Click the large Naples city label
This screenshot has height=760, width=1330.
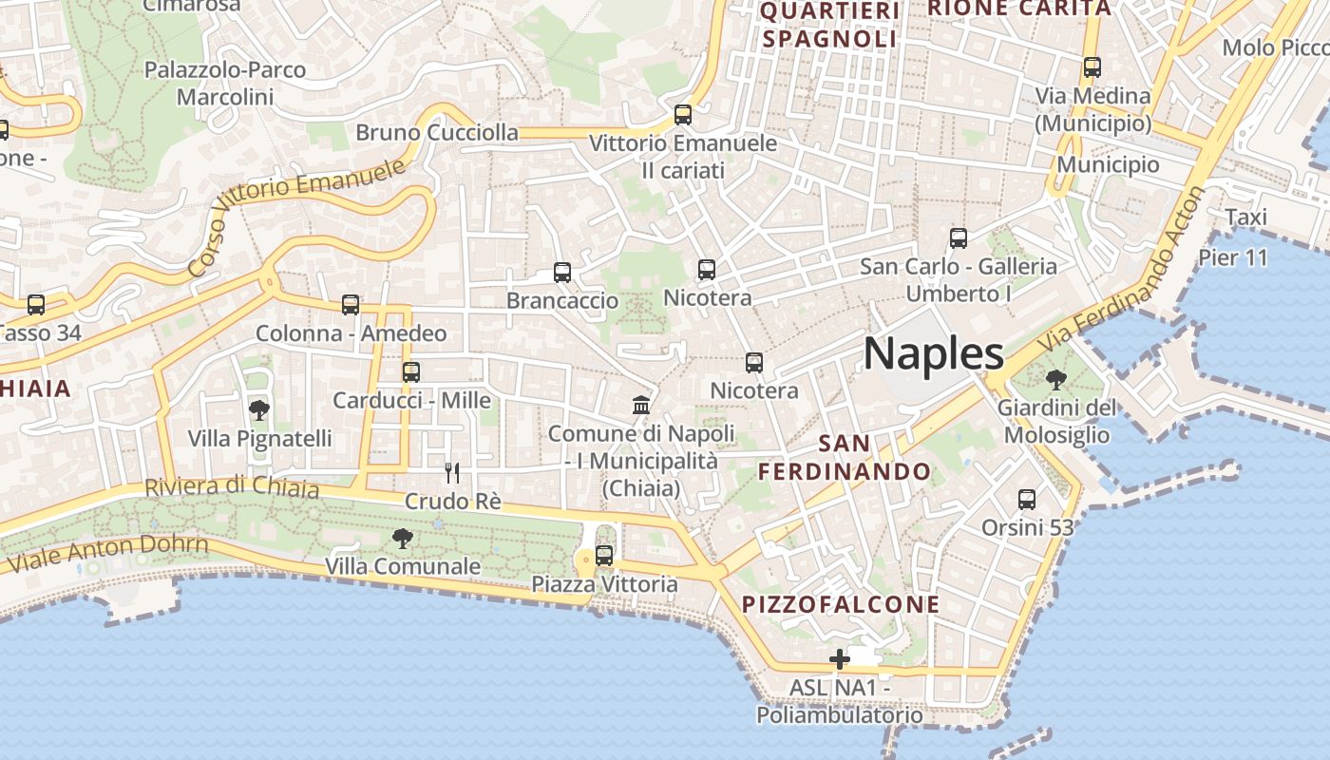click(x=933, y=353)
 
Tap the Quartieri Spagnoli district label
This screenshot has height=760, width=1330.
click(x=830, y=25)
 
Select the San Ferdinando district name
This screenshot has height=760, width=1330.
click(x=845, y=457)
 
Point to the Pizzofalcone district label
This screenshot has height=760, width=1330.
click(x=841, y=604)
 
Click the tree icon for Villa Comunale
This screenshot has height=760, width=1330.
click(x=403, y=539)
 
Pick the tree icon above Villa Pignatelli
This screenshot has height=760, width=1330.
click(x=258, y=410)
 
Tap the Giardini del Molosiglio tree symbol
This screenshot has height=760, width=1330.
click(x=1054, y=380)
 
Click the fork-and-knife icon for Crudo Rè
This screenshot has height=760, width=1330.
click(x=452, y=472)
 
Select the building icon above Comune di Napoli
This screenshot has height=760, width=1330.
click(x=641, y=406)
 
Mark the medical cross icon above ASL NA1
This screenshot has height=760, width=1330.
click(x=840, y=659)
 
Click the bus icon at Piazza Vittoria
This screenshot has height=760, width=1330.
click(x=604, y=556)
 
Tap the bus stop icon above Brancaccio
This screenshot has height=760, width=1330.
click(x=562, y=273)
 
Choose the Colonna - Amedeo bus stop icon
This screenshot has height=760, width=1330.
click(x=351, y=305)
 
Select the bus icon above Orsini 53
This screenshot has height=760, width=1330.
click(x=1027, y=499)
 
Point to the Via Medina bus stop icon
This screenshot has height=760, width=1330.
click(x=1092, y=67)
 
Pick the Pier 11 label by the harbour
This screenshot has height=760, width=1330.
click(x=1233, y=257)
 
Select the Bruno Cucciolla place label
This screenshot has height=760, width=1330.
click(x=437, y=132)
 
